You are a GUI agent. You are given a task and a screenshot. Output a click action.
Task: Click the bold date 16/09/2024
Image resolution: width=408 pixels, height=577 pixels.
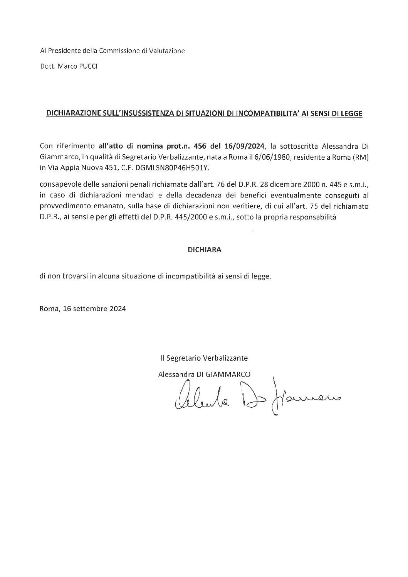pyautogui.click(x=246, y=146)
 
